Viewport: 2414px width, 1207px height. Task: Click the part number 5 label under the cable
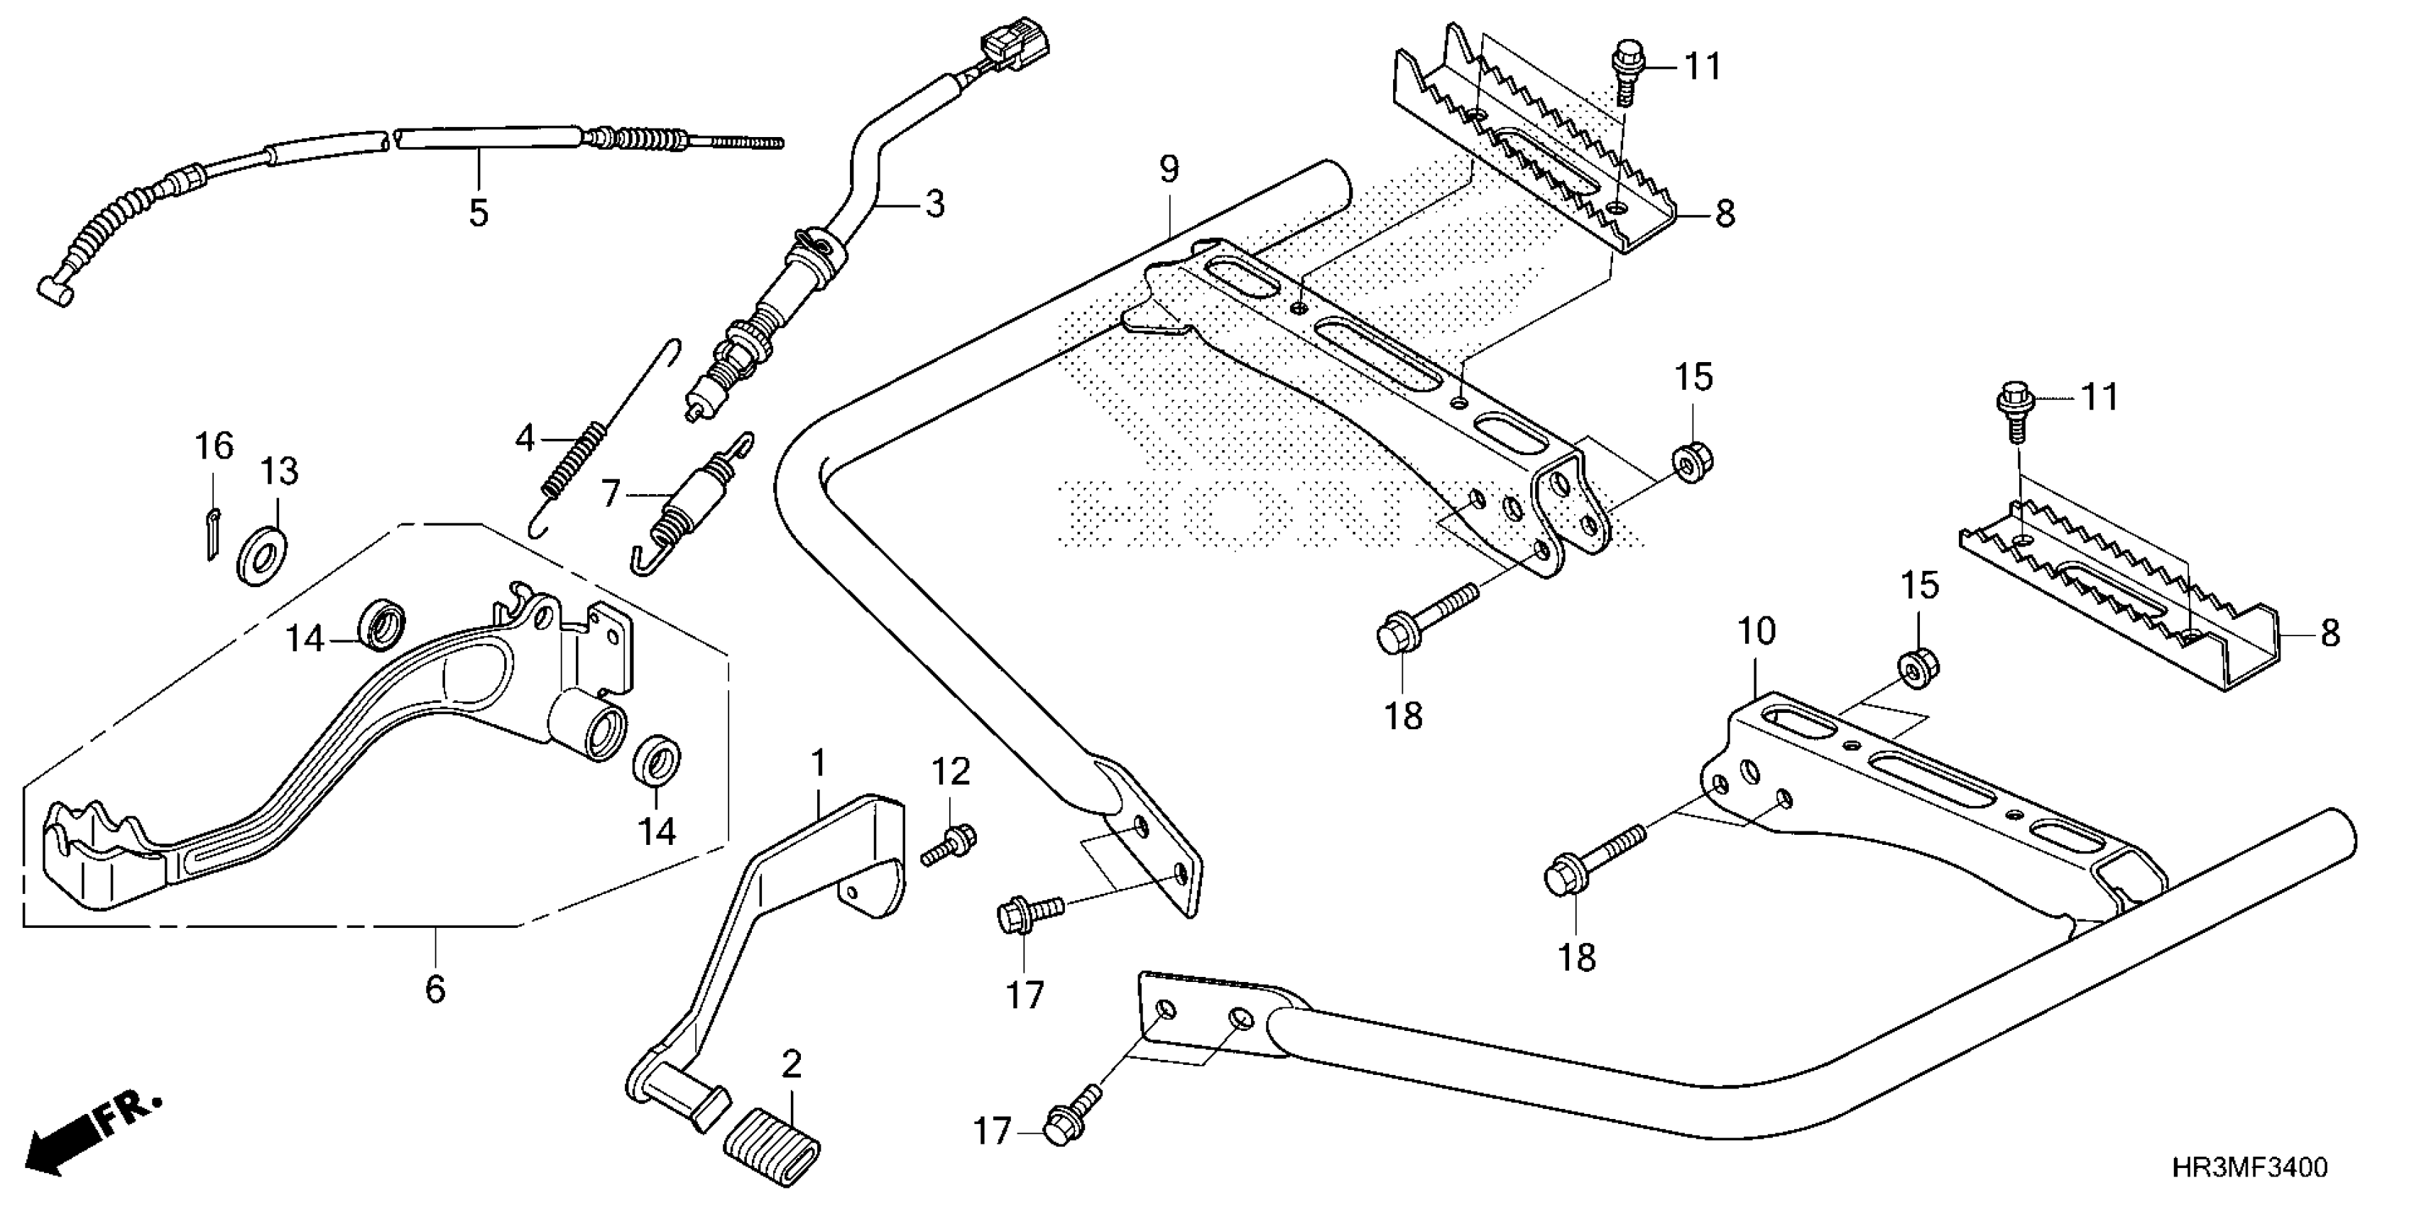479,213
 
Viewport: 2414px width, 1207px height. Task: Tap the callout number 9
1169,170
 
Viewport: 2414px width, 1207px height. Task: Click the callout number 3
934,203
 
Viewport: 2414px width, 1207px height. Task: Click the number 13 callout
279,471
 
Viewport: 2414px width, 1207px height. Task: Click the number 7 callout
611,492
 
